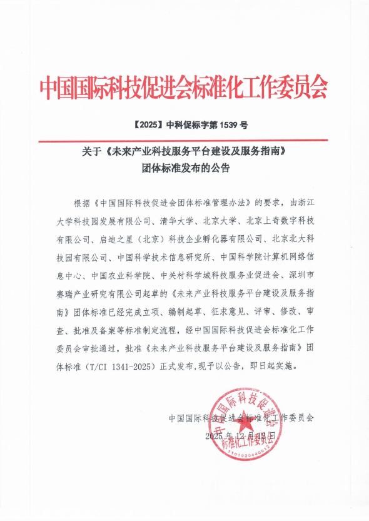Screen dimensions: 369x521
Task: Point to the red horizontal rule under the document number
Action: point(184,141)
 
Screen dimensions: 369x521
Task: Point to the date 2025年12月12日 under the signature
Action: point(240,435)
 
